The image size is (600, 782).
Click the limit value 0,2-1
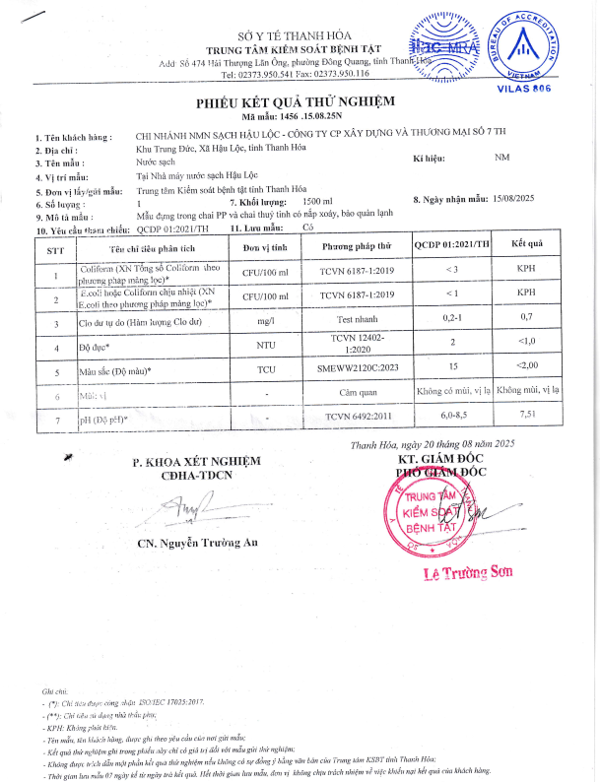(x=452, y=317)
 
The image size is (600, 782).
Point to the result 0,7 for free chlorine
(x=526, y=317)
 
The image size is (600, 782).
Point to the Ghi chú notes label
(x=54, y=692)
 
